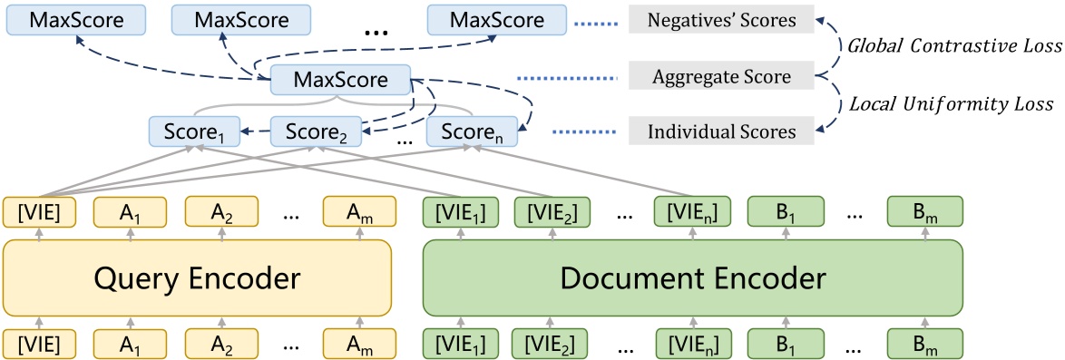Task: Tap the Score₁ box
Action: coord(192,132)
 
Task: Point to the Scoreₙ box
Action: coord(471,132)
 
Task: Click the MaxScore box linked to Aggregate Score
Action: coord(340,81)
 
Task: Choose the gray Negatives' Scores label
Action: coord(721,20)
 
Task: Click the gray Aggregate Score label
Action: coord(721,78)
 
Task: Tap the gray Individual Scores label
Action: coord(721,132)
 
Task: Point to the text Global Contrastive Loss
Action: coord(953,46)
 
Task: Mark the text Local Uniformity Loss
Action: coord(953,105)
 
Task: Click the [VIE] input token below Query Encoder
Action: coord(38,345)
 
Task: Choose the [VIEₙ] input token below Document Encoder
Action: coord(691,345)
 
